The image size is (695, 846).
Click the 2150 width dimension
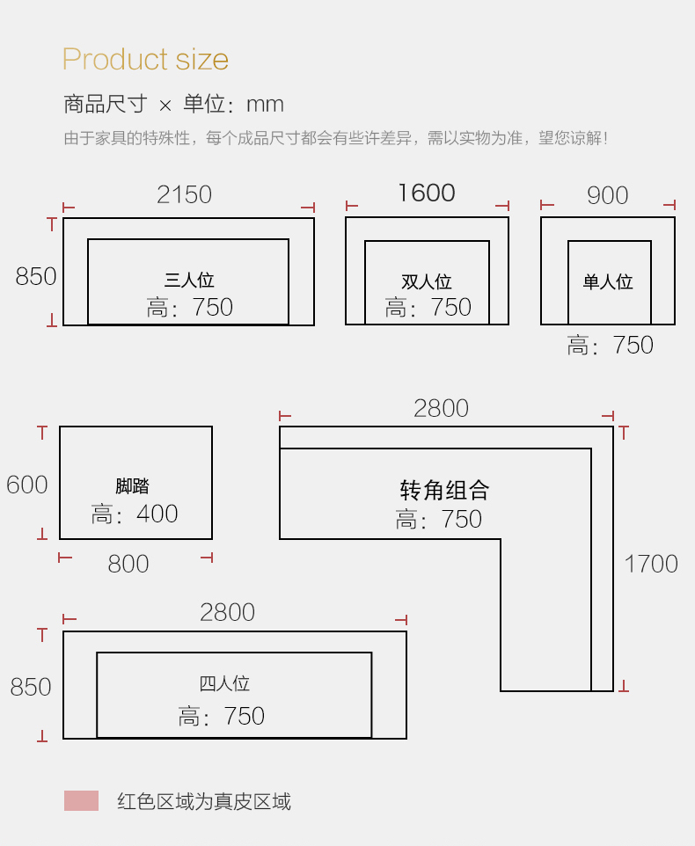184,194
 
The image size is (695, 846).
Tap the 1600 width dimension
427,193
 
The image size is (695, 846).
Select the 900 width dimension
608,195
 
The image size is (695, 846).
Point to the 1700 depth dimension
651,565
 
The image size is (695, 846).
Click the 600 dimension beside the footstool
27,485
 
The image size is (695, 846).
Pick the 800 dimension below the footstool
128,565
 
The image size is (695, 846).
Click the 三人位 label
189,280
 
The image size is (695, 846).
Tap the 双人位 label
427,281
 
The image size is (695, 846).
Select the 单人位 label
608,281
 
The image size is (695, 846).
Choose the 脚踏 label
132,486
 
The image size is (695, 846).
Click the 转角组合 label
444,490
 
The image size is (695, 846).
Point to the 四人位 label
224,683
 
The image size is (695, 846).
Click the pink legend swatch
82,800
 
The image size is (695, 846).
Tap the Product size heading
146,59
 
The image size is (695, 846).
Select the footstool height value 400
157,514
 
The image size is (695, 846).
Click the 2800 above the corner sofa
441,408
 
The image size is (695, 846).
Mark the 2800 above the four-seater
227,612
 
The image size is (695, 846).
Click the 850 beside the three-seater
35,277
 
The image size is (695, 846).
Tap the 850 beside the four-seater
31,688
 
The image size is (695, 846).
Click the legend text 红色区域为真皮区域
204,802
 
